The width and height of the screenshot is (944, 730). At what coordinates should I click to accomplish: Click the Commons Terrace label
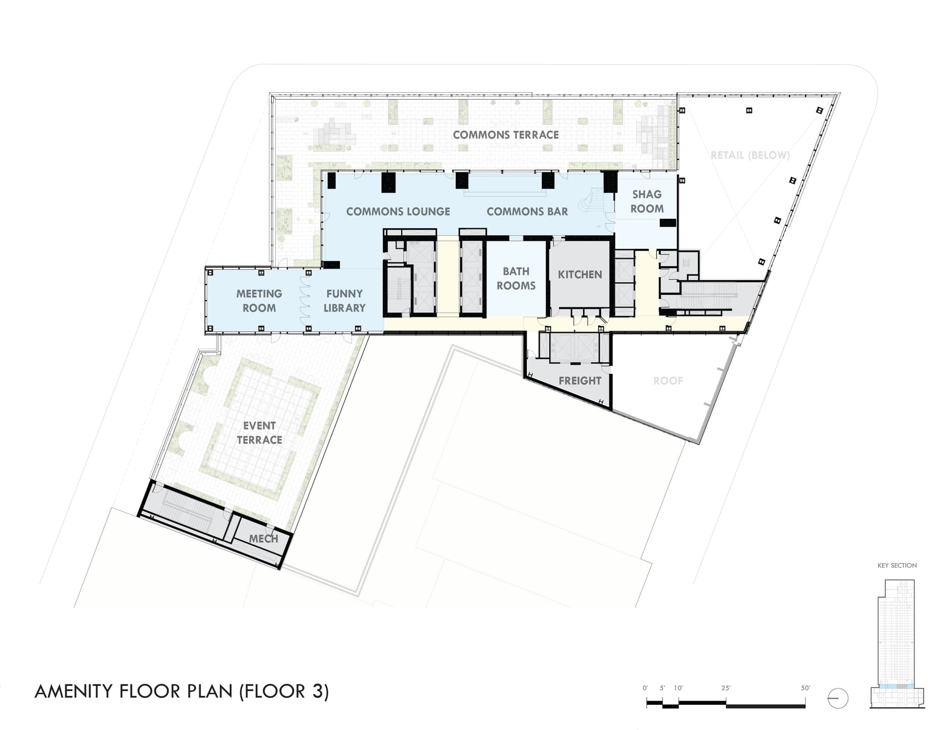coord(506,135)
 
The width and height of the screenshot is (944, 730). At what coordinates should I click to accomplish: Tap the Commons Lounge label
coord(398,211)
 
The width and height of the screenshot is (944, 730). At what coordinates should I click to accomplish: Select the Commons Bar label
coord(527,211)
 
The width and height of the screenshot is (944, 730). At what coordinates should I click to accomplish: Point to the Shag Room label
coord(647,202)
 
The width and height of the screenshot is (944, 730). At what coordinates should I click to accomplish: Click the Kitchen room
coord(580,274)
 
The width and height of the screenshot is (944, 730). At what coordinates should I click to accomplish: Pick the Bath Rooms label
coord(516,278)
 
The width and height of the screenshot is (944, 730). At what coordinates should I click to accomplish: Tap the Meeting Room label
coord(259,301)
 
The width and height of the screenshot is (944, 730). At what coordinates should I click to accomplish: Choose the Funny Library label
coord(344,301)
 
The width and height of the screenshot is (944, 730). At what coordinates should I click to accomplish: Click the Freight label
coord(580,380)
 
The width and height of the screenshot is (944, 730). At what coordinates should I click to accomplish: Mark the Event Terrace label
coord(259,432)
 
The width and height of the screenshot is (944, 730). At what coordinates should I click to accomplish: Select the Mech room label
coord(263,538)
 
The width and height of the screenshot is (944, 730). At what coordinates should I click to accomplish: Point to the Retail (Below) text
coord(750,155)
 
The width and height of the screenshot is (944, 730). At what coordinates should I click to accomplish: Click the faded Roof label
coord(668,380)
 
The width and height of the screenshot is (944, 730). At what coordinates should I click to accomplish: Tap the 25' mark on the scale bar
coord(726,688)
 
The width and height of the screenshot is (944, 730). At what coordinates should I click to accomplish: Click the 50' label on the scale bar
coord(806,688)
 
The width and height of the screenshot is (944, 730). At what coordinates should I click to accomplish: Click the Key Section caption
coord(897,565)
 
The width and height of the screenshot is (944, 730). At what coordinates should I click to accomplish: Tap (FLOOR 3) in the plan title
coord(284,691)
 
